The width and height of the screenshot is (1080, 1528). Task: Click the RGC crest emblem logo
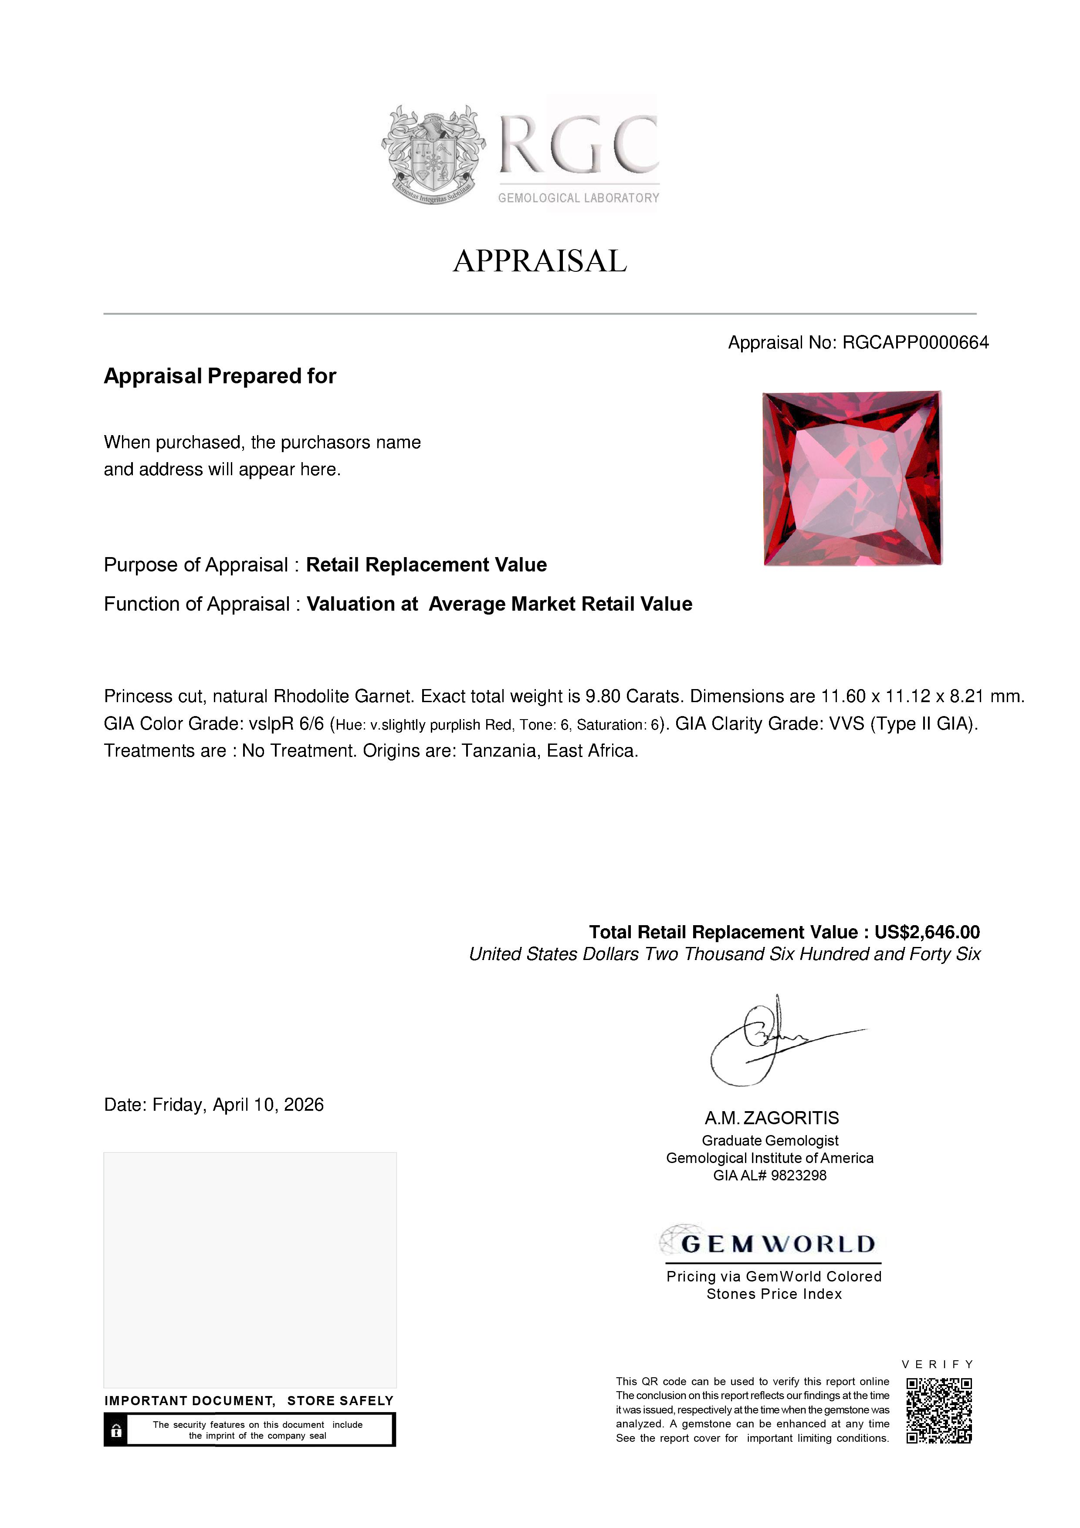pyautogui.click(x=433, y=154)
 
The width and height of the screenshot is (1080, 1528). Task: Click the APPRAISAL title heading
pyautogui.click(x=540, y=261)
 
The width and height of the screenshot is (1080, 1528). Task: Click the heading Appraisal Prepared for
pyautogui.click(x=220, y=376)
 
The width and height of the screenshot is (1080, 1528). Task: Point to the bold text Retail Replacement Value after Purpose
pyautogui.click(x=426, y=565)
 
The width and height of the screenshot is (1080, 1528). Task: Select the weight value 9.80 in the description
pyautogui.click(x=602, y=697)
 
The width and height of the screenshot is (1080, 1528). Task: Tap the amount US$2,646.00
pyautogui.click(x=927, y=933)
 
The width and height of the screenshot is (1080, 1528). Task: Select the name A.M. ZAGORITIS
pyautogui.click(x=772, y=1118)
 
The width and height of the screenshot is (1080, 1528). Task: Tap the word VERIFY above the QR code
pyautogui.click(x=938, y=1364)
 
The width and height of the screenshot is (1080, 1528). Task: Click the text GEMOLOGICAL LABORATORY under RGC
pyautogui.click(x=578, y=198)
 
